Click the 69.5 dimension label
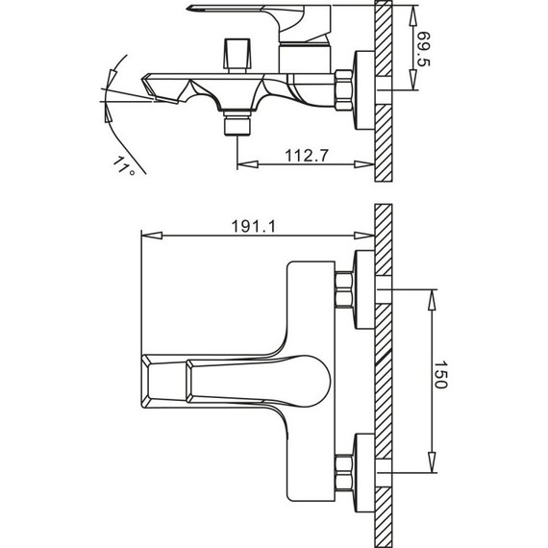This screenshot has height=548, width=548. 423,49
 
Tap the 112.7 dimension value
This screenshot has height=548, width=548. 307,156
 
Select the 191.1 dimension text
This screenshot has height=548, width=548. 254,227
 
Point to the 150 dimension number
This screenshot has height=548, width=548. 440,375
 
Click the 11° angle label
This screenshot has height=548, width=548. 123,165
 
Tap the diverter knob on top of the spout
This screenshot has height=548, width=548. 237,54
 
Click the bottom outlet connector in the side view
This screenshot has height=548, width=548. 237,123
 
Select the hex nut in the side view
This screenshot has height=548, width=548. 343,90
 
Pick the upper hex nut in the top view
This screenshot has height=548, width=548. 343,289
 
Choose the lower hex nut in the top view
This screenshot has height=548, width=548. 343,473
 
